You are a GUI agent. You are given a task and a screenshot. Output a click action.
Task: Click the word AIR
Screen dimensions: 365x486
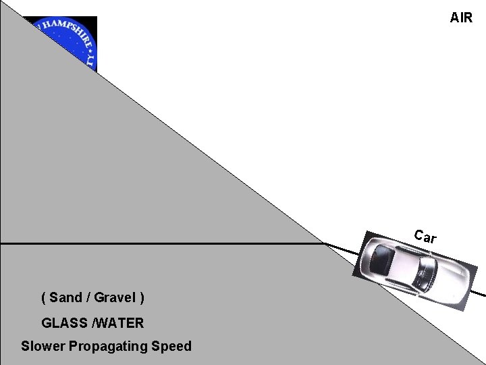point(462,18)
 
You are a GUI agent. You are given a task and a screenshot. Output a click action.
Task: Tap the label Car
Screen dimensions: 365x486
point(425,237)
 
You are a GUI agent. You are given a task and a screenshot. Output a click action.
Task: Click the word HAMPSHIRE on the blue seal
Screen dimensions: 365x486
point(65,30)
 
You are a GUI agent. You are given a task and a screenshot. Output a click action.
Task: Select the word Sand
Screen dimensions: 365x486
point(65,297)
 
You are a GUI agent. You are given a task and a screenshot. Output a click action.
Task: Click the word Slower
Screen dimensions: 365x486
point(43,347)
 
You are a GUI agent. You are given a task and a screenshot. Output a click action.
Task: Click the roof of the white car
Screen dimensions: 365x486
point(405,264)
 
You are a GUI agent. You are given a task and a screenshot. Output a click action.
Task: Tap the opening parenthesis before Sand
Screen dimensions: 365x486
point(44,297)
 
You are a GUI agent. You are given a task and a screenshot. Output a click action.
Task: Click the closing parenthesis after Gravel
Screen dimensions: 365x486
point(142,297)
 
